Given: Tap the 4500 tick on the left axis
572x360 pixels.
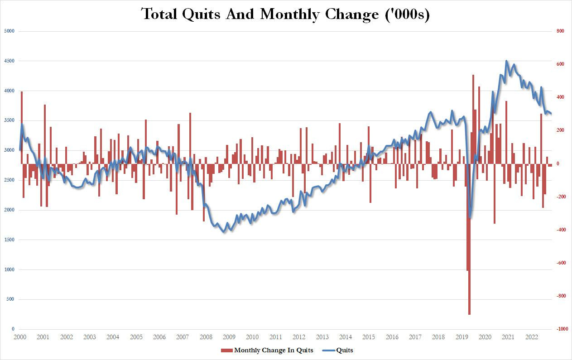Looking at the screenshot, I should click(x=10, y=61).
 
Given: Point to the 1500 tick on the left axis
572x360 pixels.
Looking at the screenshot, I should click(x=10, y=240).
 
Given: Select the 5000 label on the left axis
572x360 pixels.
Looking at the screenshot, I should click(x=10, y=31).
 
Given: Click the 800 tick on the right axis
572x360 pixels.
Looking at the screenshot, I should click(x=560, y=31).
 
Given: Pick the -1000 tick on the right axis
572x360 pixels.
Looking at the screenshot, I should click(x=561, y=329).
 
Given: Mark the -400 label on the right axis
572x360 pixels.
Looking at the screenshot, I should click(x=561, y=230).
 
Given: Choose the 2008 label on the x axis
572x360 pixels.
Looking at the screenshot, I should click(x=206, y=337).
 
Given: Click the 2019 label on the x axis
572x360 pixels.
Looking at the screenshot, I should click(x=461, y=337).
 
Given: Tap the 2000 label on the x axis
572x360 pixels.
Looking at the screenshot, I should click(x=19, y=337).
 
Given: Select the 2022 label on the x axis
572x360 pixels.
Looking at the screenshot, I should click(x=531, y=337).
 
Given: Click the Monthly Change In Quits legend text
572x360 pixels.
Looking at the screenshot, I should click(x=274, y=350).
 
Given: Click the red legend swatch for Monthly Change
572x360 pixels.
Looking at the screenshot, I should click(x=226, y=350).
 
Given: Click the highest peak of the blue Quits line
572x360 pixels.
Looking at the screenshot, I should click(x=506, y=61).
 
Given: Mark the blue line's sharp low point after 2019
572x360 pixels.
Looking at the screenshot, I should click(x=471, y=217).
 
